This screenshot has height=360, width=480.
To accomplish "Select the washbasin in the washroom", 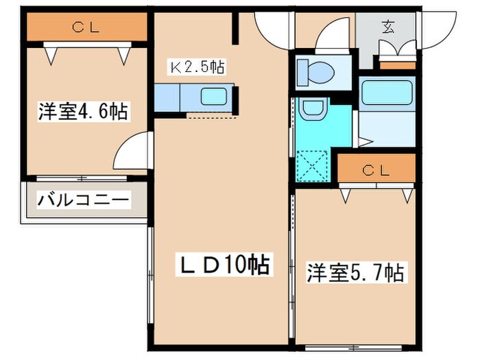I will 313,108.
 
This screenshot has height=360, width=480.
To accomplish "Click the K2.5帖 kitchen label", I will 197,67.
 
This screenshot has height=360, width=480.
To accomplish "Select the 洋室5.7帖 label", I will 355,272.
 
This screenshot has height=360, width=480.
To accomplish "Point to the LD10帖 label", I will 222,263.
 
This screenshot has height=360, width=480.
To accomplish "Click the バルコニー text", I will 82,200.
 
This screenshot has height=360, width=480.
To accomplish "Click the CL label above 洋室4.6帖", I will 86,27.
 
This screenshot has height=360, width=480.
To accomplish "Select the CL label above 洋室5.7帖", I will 376,169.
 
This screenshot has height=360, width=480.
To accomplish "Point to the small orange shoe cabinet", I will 393,67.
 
